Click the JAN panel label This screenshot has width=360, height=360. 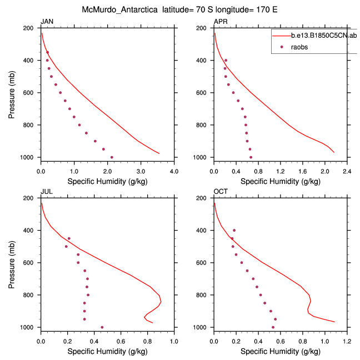46,22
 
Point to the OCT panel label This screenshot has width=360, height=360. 221,192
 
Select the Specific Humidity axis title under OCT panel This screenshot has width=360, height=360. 280,351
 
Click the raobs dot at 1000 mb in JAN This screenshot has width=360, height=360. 112,157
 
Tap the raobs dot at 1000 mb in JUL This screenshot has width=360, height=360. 102,327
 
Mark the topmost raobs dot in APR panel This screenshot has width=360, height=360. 226,60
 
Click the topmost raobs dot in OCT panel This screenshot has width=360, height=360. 234,230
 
